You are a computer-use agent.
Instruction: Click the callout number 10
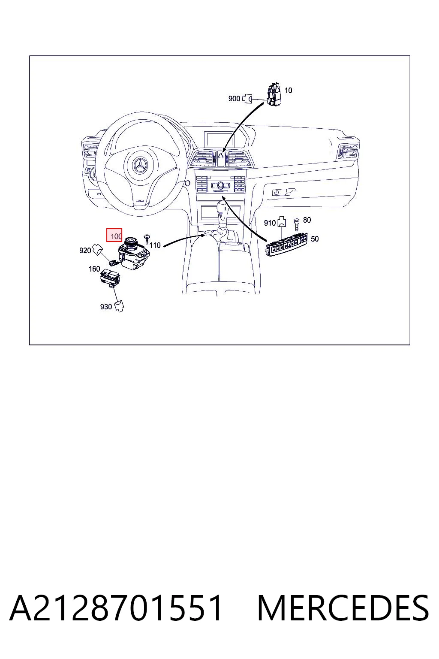pos(288,91)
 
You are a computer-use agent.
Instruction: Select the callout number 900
pos(234,99)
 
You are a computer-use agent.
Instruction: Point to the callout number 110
pos(155,245)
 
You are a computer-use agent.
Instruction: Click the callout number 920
pos(85,251)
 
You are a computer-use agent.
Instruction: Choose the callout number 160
pos(94,269)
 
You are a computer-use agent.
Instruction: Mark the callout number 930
pos(106,307)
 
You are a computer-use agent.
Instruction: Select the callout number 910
pos(270,223)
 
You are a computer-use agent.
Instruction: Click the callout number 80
pos(307,220)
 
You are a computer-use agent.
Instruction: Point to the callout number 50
pos(315,239)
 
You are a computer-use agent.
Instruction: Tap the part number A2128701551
pos(116,608)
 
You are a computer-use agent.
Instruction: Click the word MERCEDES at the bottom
pos(343,608)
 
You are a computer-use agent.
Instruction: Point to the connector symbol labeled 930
pos(119,306)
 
